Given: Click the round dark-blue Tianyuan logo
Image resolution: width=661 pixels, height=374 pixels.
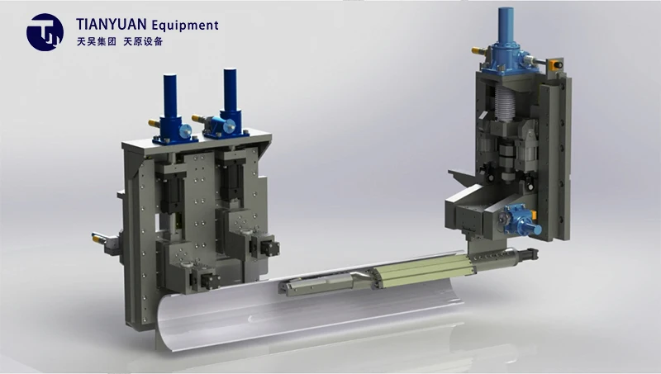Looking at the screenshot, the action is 45,32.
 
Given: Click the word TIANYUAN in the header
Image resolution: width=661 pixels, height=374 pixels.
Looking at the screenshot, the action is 112,25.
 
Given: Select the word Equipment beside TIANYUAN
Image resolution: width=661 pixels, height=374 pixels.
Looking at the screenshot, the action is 185,26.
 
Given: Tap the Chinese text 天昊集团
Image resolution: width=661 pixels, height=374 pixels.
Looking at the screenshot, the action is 97,41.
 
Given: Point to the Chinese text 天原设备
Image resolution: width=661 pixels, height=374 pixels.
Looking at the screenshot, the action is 143,41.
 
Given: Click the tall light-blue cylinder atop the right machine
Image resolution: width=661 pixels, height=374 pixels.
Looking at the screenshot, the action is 506,25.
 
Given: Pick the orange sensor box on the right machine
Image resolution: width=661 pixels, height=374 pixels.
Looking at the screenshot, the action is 555,65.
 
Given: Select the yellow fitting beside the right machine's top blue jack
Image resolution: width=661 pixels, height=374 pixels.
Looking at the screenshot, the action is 478,51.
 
